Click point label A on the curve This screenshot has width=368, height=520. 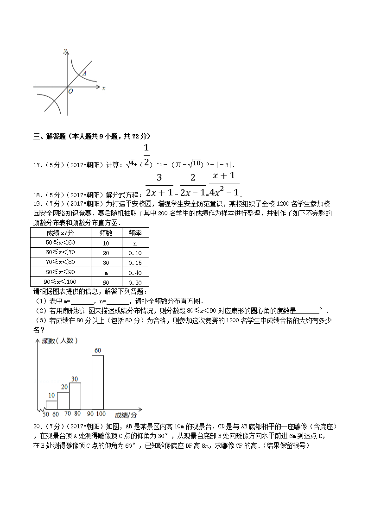coord(84,73)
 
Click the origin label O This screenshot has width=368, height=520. coord(70,92)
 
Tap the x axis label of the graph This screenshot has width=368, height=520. coord(103,88)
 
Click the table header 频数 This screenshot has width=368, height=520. coord(106,232)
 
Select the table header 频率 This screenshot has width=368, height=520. coord(135,232)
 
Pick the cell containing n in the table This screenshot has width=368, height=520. coord(135,243)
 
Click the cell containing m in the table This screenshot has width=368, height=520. coord(106,272)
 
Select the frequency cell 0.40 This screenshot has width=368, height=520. coord(135,272)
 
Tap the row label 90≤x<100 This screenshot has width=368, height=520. coord(60,282)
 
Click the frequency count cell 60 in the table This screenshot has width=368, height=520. coord(106,282)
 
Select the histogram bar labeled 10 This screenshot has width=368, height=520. coord(51,405)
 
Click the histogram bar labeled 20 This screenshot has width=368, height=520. coord(63,401)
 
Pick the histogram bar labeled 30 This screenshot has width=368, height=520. coord(75,396)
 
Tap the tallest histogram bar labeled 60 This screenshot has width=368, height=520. coord(97,382)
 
